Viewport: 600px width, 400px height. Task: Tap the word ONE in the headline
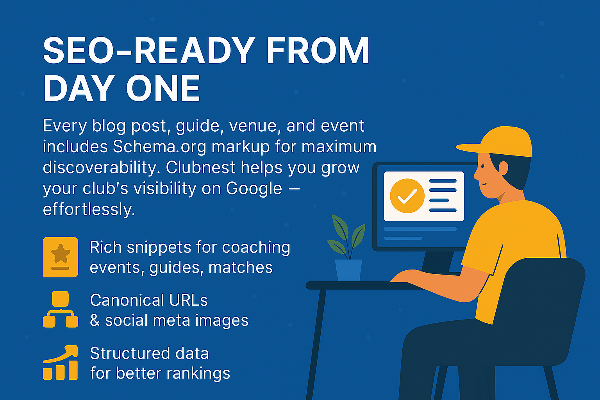(x=163, y=89)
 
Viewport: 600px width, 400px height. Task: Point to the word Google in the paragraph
(x=254, y=189)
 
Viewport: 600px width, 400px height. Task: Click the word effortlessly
(x=89, y=209)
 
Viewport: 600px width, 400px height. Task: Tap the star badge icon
(x=60, y=257)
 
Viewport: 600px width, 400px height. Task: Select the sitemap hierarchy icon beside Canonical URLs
(x=60, y=309)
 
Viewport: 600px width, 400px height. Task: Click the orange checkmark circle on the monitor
(x=407, y=196)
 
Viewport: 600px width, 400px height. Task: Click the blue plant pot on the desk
(x=348, y=270)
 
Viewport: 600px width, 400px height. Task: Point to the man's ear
(x=503, y=168)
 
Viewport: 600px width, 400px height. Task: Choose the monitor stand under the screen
(x=437, y=262)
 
